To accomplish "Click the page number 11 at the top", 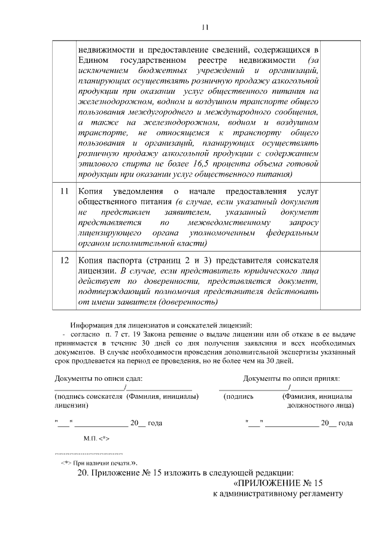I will click(x=205, y=27).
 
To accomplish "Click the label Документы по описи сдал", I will click(x=99, y=379).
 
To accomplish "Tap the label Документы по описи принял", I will click(x=291, y=379).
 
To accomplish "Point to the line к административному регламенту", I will click(x=278, y=494).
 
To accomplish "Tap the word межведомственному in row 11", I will click(x=238, y=223).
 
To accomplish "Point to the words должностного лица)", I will click(x=320, y=405).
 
